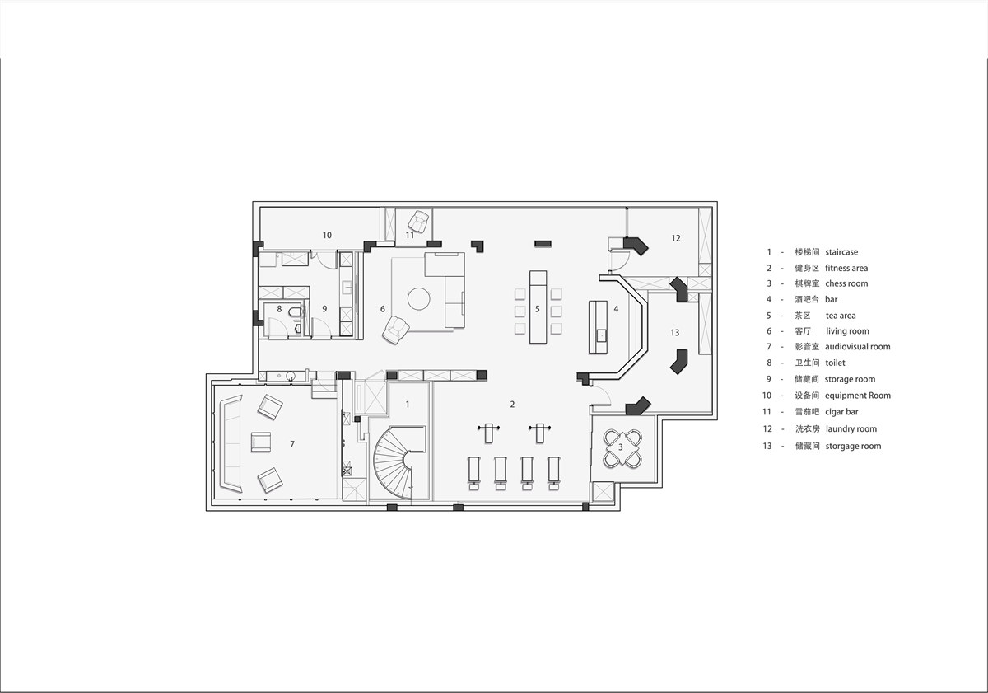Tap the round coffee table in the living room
click(x=418, y=299)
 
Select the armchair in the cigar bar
click(x=418, y=221)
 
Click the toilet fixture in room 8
click(x=294, y=312)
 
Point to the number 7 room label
click(x=292, y=444)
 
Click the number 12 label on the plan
click(x=676, y=238)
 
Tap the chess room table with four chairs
click(x=622, y=448)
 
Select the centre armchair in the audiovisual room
click(x=261, y=442)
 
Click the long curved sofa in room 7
click(x=231, y=443)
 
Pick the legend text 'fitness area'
click(x=846, y=268)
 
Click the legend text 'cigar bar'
click(x=841, y=412)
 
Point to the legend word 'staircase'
click(x=841, y=252)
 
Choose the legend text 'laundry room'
click(x=851, y=428)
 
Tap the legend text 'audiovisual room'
click(x=858, y=346)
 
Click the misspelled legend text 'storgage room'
click(x=854, y=446)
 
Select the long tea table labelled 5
click(x=538, y=307)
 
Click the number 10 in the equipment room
click(x=327, y=236)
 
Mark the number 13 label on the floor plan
click(x=675, y=332)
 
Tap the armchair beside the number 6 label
click(x=396, y=330)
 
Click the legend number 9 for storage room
click(x=769, y=379)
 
